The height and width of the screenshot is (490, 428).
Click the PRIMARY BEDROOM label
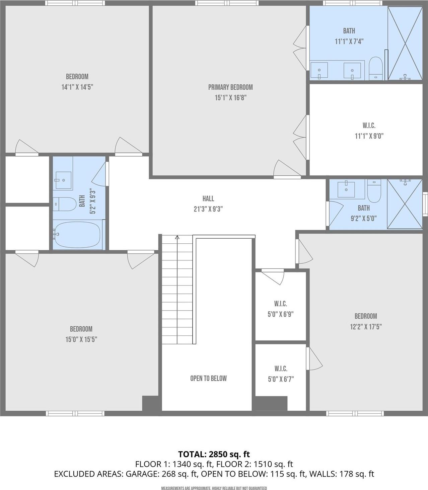(x=230, y=87)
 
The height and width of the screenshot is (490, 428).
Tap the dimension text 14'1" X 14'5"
(x=77, y=87)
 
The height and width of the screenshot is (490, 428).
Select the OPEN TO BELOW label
(x=208, y=378)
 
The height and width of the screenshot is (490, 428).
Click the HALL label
(x=208, y=198)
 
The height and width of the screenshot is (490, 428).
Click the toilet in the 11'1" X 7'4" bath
(x=376, y=68)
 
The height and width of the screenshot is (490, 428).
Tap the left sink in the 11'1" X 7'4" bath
(x=319, y=71)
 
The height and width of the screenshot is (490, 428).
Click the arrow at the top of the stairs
(x=177, y=237)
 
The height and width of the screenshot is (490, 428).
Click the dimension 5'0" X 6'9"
(x=281, y=314)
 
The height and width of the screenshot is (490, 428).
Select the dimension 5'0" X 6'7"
(x=281, y=379)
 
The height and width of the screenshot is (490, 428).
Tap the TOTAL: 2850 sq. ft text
(x=214, y=454)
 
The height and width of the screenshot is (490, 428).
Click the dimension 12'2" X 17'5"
(x=366, y=326)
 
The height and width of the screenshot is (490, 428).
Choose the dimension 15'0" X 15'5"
(x=81, y=339)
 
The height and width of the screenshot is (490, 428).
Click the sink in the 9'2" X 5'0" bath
(x=346, y=189)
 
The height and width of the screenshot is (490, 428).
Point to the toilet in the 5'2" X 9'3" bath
(x=65, y=204)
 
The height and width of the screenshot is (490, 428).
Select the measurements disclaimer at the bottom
(x=214, y=488)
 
